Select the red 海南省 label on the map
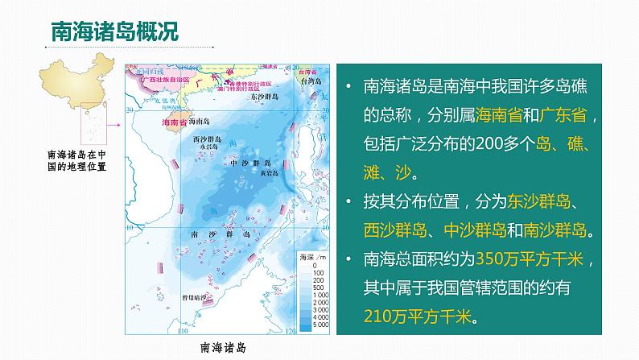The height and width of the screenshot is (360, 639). pyautogui.click(x=174, y=122)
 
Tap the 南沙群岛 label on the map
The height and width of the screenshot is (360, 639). pyautogui.click(x=214, y=233)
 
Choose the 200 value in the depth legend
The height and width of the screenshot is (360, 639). pyautogui.click(x=316, y=282)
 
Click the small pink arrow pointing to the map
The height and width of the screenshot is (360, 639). pyautogui.click(x=113, y=126)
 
